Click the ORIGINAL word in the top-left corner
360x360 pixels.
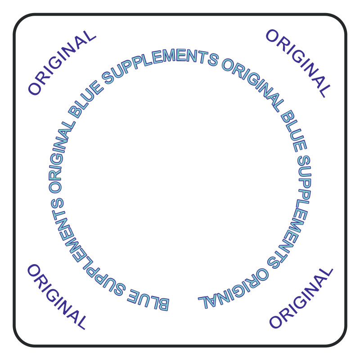[x=62, y=63]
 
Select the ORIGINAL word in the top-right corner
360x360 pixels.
[x=298, y=63]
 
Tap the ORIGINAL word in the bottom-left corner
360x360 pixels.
[x=57, y=297]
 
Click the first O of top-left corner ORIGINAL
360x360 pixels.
[x=34, y=88]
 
